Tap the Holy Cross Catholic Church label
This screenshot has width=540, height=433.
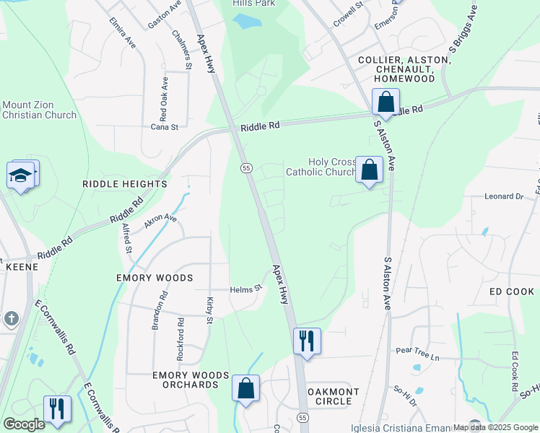[321, 167]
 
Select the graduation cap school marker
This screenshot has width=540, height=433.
[21, 175]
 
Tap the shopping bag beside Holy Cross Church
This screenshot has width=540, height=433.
[369, 171]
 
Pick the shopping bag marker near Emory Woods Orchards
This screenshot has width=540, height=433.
[246, 388]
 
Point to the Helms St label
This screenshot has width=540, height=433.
[245, 289]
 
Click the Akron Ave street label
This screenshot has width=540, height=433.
[160, 220]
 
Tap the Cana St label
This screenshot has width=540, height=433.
[164, 127]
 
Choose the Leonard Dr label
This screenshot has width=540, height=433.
[503, 196]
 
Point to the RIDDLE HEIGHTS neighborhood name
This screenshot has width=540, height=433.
[125, 184]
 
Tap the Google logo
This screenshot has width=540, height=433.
[24, 424]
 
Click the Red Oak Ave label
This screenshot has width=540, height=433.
[165, 97]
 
